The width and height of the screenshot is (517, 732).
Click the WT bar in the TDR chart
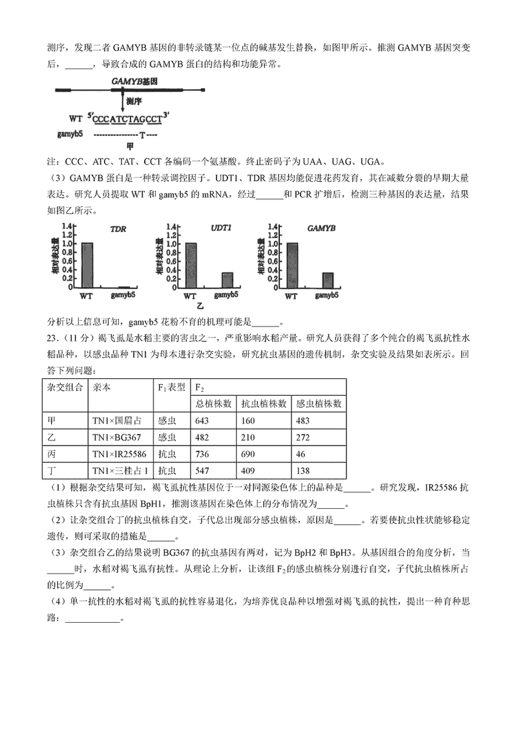tap(87, 266)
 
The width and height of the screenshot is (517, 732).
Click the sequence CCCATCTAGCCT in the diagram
tap(127, 118)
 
